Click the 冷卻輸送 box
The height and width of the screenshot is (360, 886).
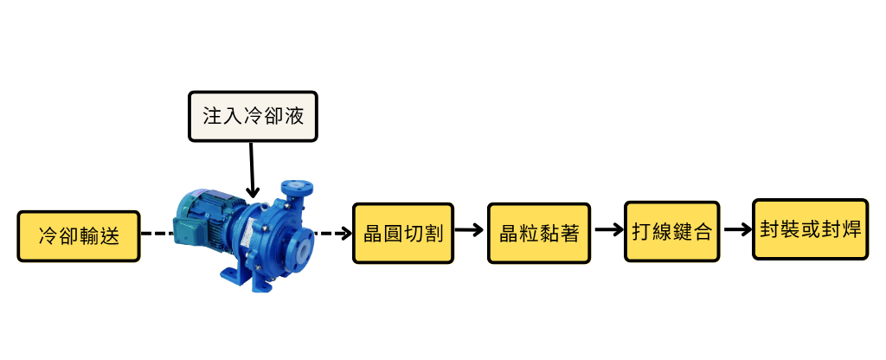79,236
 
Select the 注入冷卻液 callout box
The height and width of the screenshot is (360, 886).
253,116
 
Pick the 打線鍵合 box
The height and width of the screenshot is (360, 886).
671,232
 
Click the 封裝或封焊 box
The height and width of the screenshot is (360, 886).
810,229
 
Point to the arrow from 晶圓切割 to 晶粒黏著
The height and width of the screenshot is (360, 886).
469,230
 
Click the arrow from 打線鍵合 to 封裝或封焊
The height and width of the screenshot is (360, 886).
737,229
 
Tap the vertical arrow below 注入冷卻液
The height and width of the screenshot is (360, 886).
253,170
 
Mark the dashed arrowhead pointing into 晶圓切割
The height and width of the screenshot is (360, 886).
344,233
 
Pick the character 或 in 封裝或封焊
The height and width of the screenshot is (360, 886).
810,229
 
